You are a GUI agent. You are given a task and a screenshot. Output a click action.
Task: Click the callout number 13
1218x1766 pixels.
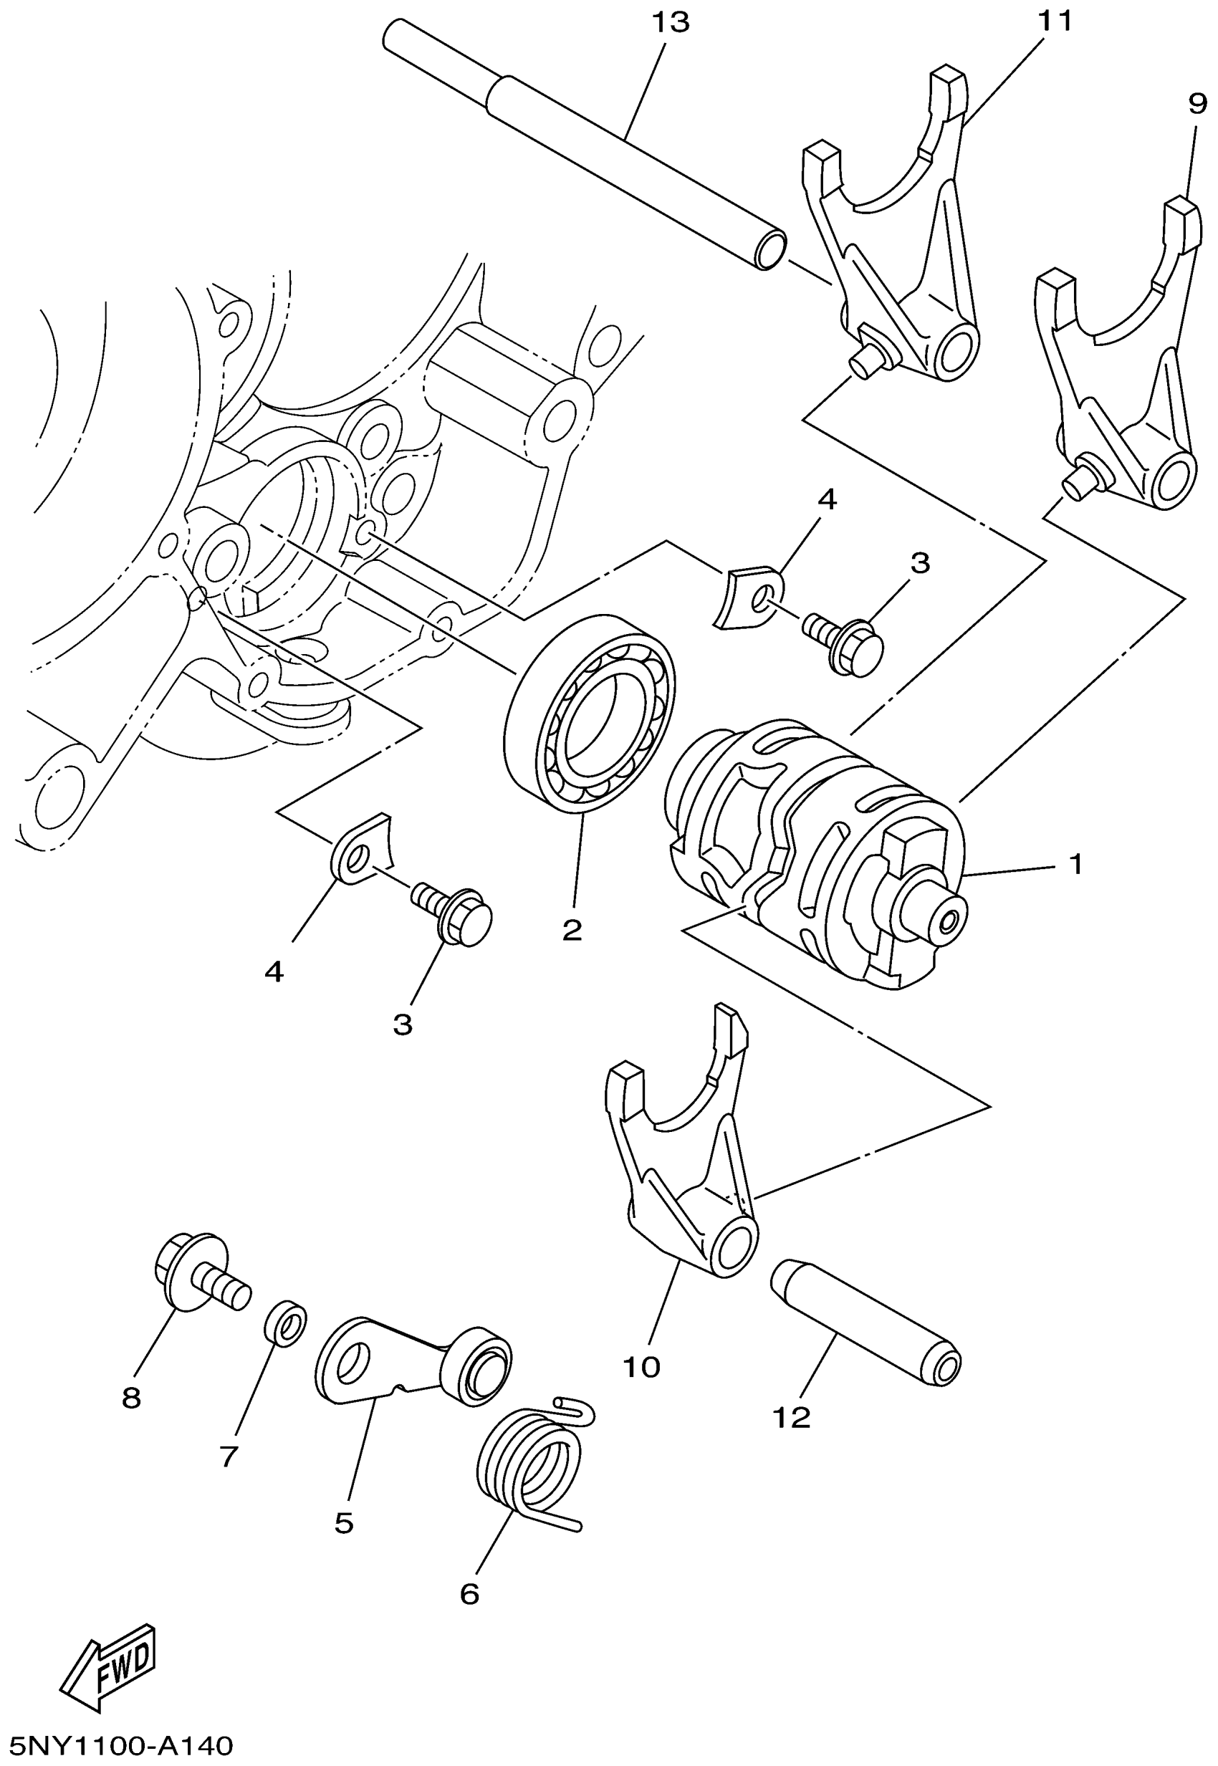670,22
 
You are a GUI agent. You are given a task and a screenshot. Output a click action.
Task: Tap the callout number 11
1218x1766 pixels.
1054,21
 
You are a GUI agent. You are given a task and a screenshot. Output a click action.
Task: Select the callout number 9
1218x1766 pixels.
1197,102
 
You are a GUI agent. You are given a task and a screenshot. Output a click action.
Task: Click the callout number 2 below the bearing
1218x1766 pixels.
572,929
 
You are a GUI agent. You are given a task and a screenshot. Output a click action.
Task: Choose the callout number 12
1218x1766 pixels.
792,1418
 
